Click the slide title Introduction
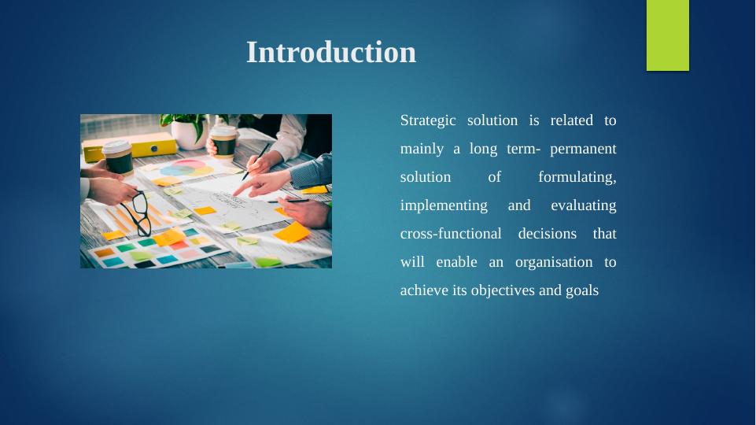tap(331, 53)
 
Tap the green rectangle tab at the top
tap(667, 35)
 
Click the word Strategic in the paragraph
tap(427, 120)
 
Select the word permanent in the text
tap(583, 149)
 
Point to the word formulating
tap(577, 177)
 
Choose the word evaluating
tap(583, 205)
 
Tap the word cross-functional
tap(450, 234)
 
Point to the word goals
tap(581, 290)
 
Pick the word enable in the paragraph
tap(457, 262)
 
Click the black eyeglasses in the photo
tap(140, 212)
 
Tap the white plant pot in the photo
tap(189, 134)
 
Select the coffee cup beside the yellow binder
tap(118, 157)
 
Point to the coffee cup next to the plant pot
tap(224, 141)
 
